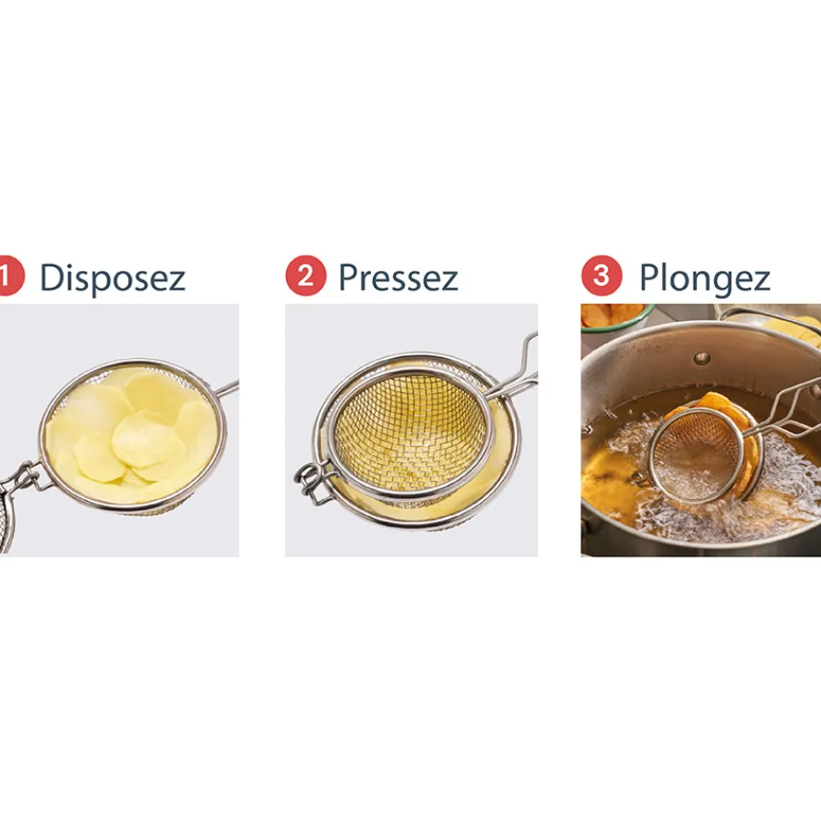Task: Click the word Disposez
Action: [x=113, y=278]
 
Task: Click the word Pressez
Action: [x=399, y=277]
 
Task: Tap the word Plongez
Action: [x=705, y=278]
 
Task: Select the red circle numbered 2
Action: [x=306, y=275]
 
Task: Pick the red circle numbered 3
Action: [x=601, y=275]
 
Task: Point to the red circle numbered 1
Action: [x=10, y=275]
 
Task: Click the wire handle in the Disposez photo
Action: [x=228, y=388]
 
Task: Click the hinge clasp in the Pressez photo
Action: [x=310, y=482]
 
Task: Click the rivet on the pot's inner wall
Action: [x=701, y=358]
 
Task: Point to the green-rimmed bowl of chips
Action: [x=616, y=317]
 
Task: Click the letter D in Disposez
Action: [x=51, y=277]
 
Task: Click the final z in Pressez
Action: [x=449, y=281]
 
